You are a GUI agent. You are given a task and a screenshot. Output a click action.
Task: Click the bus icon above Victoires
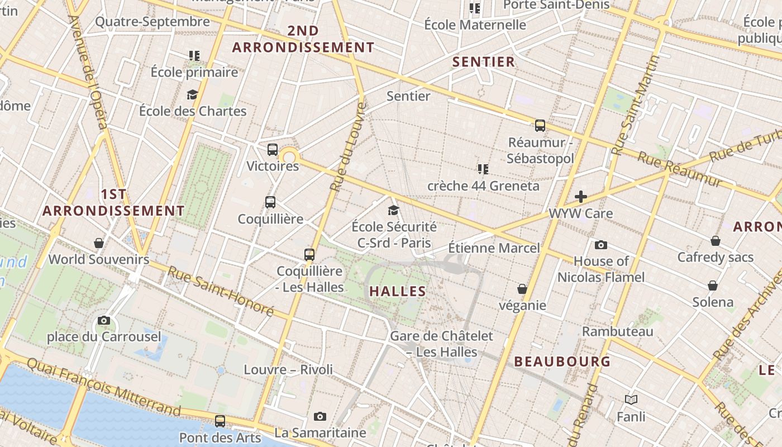[x=273, y=149]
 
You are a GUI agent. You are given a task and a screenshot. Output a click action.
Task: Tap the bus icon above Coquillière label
[x=270, y=202]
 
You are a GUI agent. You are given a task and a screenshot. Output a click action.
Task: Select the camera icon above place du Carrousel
[x=104, y=320]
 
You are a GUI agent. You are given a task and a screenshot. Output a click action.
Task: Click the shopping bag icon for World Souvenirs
[x=99, y=242]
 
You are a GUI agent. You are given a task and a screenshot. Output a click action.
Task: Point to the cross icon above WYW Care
[x=581, y=197]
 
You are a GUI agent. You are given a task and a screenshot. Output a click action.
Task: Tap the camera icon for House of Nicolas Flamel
[x=601, y=245]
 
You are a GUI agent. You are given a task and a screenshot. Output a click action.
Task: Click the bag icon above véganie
[x=522, y=289]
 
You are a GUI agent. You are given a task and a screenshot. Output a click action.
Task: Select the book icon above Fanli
[x=631, y=400]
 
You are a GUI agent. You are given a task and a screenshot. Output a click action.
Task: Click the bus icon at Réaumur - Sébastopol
[x=540, y=125]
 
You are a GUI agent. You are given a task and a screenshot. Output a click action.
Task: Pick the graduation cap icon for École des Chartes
[x=193, y=94]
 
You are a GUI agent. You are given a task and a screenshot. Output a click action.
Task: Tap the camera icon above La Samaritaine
[x=320, y=416]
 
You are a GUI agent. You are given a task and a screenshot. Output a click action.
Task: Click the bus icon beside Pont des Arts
[x=220, y=421]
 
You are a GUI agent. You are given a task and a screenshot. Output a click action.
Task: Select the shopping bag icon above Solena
[x=713, y=286]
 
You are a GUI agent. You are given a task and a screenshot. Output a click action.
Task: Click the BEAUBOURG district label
[x=562, y=362]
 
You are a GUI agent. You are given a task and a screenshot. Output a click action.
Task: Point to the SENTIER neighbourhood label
[x=484, y=62]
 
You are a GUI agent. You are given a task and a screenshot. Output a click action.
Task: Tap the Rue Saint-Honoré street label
[x=221, y=291]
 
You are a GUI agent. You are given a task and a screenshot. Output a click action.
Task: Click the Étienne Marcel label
[x=494, y=248]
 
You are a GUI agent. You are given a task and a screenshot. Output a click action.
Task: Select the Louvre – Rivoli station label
[x=288, y=369]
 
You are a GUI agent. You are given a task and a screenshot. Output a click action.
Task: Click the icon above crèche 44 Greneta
[x=483, y=169]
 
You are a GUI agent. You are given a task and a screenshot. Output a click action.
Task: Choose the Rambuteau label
[x=618, y=331]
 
